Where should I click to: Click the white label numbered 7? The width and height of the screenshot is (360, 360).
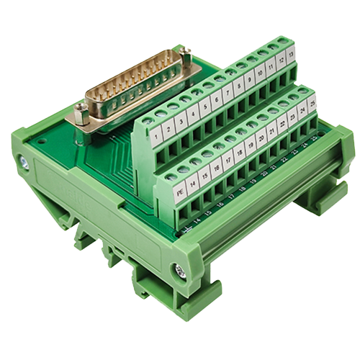[x=227, y=93]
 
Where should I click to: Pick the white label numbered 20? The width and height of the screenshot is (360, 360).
[x=261, y=139]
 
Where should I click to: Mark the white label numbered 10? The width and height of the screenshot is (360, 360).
[x=260, y=73]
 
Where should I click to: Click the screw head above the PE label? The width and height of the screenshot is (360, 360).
[x=171, y=176]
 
